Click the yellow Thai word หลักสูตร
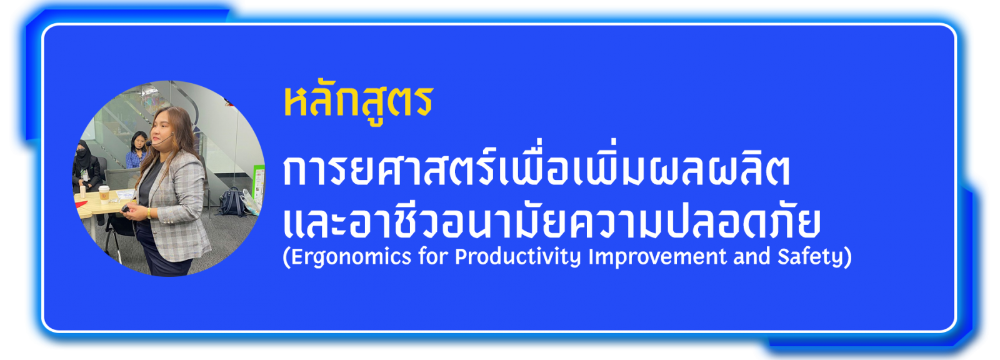tap(359, 104)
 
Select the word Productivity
tap(517, 257)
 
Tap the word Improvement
tap(657, 257)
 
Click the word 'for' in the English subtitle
tap(432, 256)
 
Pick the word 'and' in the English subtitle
tap(752, 256)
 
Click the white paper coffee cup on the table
tap(104, 195)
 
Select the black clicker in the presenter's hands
tap(126, 209)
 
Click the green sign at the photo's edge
tap(258, 183)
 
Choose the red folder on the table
tap(81, 204)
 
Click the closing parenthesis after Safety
tap(847, 257)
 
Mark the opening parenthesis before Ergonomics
tap(287, 257)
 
